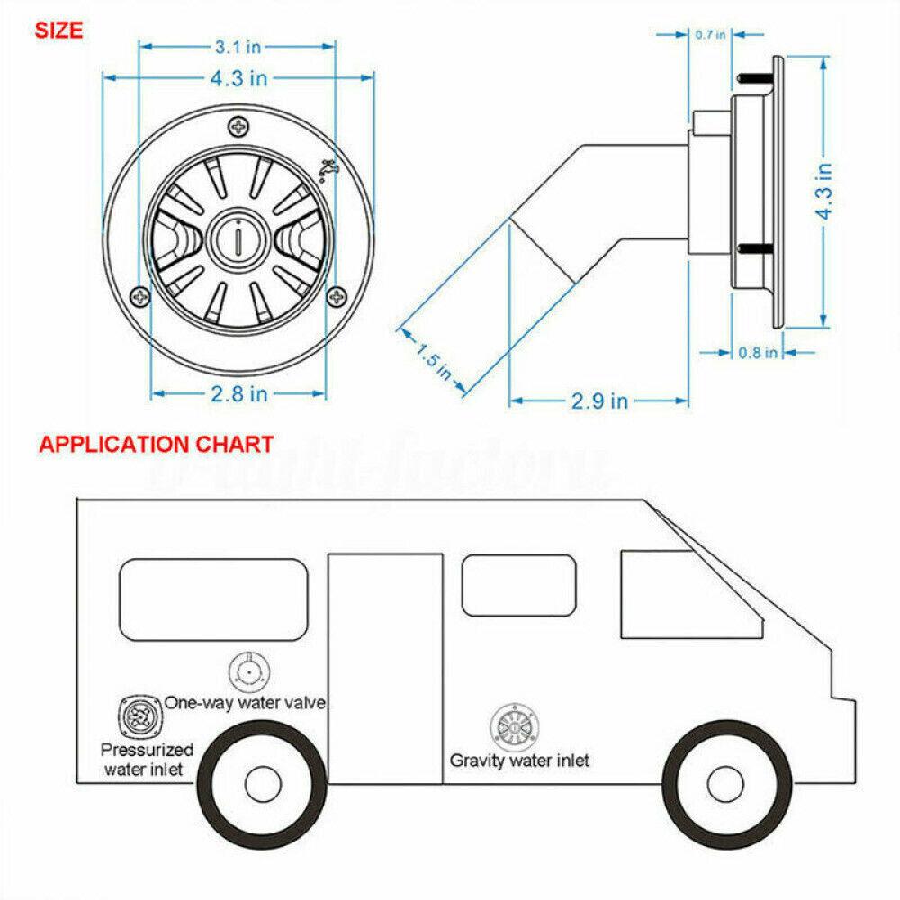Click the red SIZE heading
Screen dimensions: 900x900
coord(58,30)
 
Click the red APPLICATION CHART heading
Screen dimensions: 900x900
coord(156,444)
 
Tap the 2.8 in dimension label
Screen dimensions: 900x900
coord(238,393)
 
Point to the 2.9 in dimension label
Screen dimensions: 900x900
coord(599,400)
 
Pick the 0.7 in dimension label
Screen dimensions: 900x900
coord(710,35)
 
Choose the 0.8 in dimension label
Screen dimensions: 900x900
coord(757,353)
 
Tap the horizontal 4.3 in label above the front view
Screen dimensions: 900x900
coord(238,78)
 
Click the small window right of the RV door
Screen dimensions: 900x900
coord(518,585)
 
